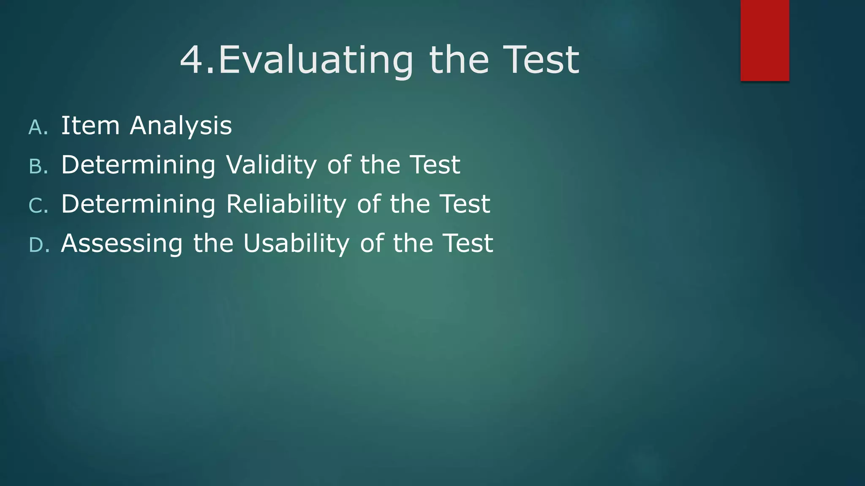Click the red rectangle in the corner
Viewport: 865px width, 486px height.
click(x=764, y=40)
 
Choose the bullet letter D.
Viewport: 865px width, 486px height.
click(x=38, y=245)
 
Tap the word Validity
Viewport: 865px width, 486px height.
click(x=271, y=165)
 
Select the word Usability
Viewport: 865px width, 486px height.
click(x=296, y=244)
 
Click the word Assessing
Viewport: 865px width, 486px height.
click(x=122, y=244)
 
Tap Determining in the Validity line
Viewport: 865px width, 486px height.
click(x=138, y=165)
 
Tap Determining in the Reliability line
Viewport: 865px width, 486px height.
click(x=138, y=205)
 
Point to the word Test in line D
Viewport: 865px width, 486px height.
click(x=468, y=243)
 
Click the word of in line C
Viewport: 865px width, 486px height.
click(x=368, y=204)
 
